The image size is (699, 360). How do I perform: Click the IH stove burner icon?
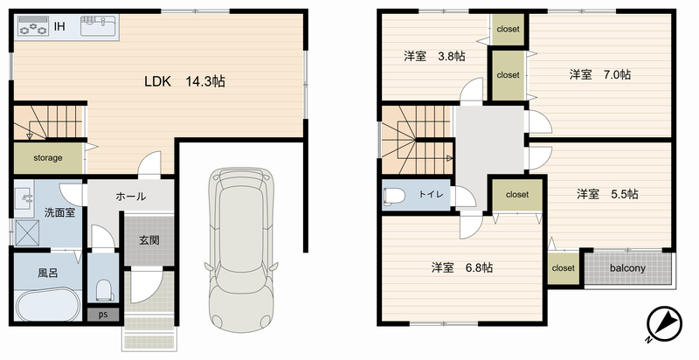click(x=33, y=26)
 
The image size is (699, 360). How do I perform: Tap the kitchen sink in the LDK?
click(x=98, y=25)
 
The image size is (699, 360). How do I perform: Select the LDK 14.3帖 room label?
click(x=184, y=81)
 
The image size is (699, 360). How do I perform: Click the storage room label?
click(x=48, y=158)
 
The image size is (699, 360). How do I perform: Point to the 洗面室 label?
click(x=59, y=212)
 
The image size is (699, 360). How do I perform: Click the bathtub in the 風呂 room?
click(x=48, y=305)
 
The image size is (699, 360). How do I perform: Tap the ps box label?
click(x=103, y=315)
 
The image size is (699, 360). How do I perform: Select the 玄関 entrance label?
click(x=149, y=240)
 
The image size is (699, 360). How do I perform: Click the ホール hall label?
click(x=130, y=196)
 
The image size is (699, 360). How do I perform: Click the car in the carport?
click(x=241, y=250)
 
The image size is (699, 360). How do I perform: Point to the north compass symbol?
click(x=664, y=324)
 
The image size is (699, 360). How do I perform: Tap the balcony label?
click(x=627, y=268)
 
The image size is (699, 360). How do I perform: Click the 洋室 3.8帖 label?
click(x=434, y=57)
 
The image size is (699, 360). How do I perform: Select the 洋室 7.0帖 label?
click(x=600, y=74)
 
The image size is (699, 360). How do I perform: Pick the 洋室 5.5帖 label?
click(x=607, y=194)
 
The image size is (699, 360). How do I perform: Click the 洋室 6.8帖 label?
click(x=462, y=267)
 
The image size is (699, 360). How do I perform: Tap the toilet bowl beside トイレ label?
click(x=394, y=195)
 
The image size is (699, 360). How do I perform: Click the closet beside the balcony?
click(x=563, y=268)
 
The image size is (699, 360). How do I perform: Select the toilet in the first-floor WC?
click(x=104, y=290)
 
